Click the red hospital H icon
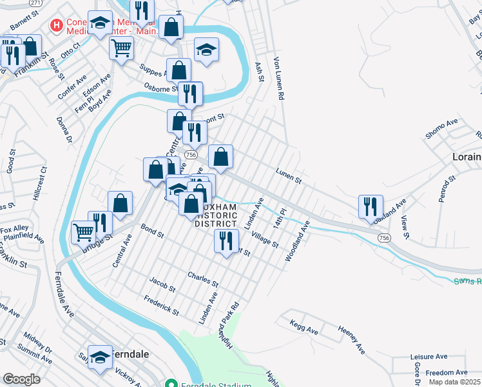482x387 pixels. click(57, 26)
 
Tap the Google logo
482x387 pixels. click(21, 379)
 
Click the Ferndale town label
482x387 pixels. click(131, 355)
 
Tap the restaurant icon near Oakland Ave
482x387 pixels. click(369, 206)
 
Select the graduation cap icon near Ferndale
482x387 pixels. click(100, 357)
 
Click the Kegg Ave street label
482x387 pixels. click(304, 326)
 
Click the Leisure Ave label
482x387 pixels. click(429, 356)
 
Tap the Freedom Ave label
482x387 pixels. click(446, 372)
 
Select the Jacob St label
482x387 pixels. click(162, 284)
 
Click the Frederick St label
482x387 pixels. click(161, 304)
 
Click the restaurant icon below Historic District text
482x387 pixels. click(225, 241)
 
